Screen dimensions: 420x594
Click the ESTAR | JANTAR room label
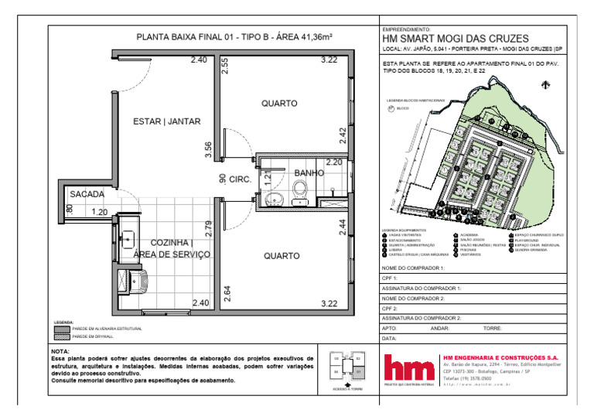(167, 121)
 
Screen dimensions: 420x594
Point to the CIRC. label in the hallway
(238, 179)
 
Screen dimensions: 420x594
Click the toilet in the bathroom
(299, 191)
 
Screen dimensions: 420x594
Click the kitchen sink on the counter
(127, 240)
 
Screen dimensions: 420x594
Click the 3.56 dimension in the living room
(207, 150)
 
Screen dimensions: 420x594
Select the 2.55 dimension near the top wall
(224, 67)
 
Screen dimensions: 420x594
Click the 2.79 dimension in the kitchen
(208, 230)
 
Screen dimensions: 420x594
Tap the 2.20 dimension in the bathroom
(333, 162)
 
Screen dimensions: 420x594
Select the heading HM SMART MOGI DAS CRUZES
(456, 39)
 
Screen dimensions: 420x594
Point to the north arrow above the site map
(546, 87)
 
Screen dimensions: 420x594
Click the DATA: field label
(390, 338)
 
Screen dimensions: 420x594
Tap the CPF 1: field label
(391, 278)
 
